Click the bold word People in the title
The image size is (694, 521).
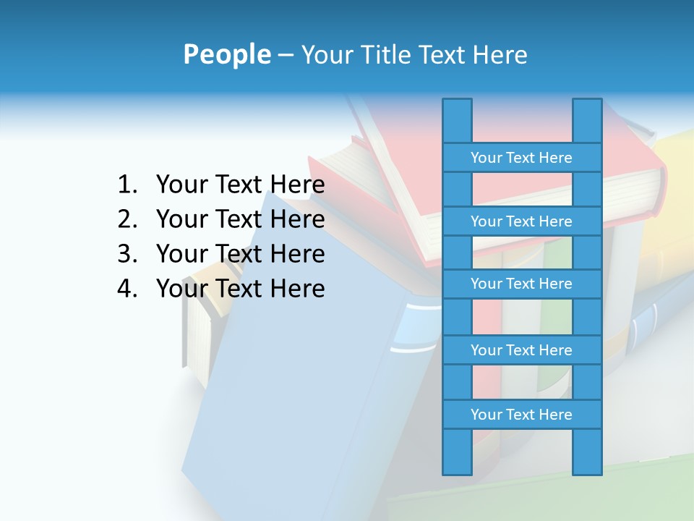click(226, 54)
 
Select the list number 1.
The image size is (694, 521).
click(127, 185)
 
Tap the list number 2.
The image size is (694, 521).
click(127, 219)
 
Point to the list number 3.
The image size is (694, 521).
click(127, 254)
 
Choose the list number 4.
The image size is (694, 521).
click(127, 289)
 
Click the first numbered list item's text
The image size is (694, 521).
click(240, 185)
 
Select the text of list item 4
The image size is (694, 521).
click(240, 289)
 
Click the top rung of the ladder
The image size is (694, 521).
click(521, 158)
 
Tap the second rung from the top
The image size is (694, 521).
click(521, 221)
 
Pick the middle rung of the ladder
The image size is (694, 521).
click(521, 284)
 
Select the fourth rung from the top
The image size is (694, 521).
click(521, 350)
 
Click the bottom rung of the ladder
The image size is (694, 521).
click(521, 415)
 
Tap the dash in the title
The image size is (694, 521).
click(285, 55)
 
